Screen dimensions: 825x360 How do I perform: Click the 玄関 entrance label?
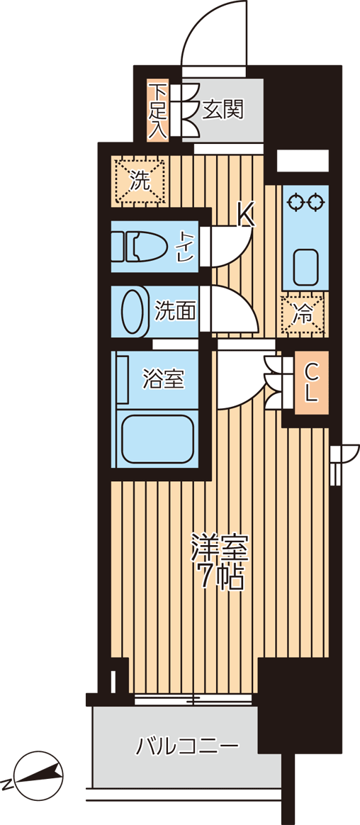pos(223,110)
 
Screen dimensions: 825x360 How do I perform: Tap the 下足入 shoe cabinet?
pos(157,111)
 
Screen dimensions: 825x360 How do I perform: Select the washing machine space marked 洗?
pos(140,180)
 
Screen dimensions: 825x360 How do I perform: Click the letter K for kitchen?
pos(244,214)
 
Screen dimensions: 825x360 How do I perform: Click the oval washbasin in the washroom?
pos(133,311)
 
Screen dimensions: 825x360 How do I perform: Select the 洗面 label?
pos(175,310)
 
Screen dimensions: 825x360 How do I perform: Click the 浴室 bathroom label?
pos(164,379)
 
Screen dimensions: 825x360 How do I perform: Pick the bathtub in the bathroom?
pos(157,439)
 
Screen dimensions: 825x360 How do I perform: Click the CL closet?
pos(310,383)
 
